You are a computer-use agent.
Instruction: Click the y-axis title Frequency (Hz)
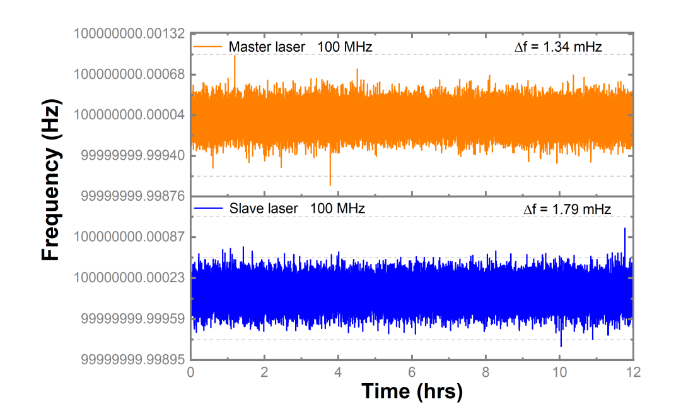click(51, 181)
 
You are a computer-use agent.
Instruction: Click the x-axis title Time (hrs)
click(412, 391)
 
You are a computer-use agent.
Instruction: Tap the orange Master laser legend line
click(207, 47)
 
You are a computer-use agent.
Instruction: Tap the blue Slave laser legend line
click(208, 209)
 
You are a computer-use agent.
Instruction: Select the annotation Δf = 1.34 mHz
click(558, 47)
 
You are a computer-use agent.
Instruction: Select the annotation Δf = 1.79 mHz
click(567, 209)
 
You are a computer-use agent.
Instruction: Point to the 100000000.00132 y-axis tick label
click(129, 33)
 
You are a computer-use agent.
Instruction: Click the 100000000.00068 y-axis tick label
click(129, 74)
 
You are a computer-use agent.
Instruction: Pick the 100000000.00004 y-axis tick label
click(129, 115)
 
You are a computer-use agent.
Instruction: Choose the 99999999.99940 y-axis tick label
click(132, 156)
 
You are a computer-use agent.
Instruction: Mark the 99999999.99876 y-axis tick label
click(132, 196)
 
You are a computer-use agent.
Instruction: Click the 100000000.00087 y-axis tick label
click(129, 237)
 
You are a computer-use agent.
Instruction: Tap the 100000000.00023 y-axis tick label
click(129, 277)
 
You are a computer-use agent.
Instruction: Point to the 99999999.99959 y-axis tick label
click(132, 319)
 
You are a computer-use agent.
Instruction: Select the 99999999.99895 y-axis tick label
click(132, 359)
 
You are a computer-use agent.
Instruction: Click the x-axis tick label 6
click(412, 372)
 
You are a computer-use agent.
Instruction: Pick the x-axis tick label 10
click(559, 372)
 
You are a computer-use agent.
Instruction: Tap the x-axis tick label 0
click(190, 372)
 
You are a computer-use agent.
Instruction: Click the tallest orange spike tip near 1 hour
click(235, 56)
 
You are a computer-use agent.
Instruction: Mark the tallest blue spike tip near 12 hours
click(625, 228)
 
